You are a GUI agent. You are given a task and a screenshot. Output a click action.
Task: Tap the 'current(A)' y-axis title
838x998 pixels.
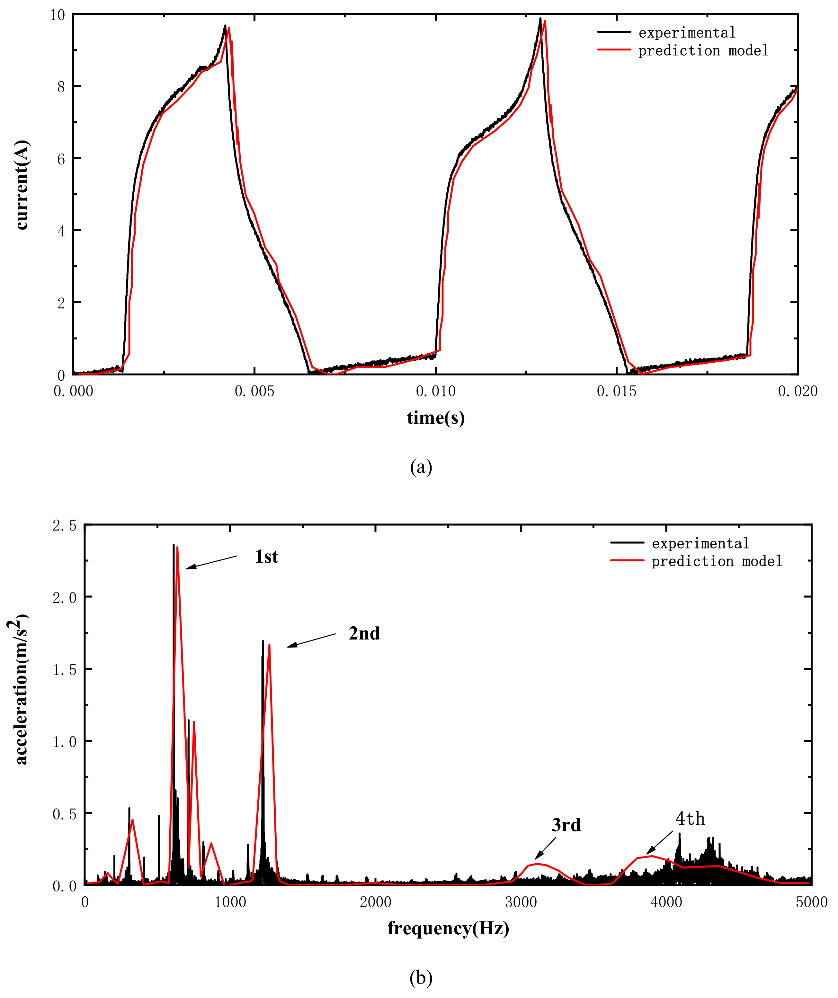pyautogui.click(x=22, y=185)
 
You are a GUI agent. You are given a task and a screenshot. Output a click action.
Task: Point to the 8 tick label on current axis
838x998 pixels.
pyautogui.click(x=61, y=87)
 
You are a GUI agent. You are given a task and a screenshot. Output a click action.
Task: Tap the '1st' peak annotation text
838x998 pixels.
pyautogui.click(x=266, y=557)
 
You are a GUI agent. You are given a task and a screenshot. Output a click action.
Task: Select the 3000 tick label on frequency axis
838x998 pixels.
pyautogui.click(x=521, y=902)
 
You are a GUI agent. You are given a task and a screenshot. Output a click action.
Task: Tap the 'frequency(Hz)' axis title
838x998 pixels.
pyautogui.click(x=448, y=928)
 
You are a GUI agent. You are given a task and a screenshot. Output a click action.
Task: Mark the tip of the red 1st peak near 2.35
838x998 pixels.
pyautogui.click(x=177, y=547)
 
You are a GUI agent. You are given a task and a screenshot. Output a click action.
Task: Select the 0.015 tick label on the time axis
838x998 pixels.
pyautogui.click(x=616, y=392)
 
